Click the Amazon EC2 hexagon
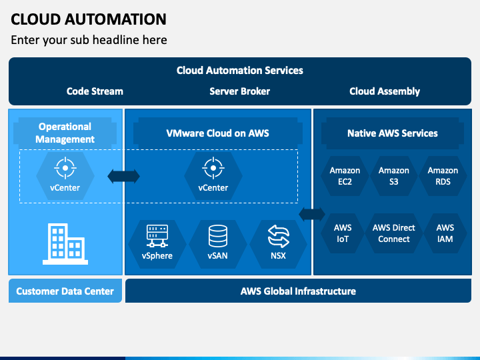click(345, 176)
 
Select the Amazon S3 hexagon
click(394, 176)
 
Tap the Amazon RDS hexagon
click(443, 176)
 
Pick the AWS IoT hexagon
click(343, 233)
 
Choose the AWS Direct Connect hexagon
click(394, 233)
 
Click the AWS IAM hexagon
click(445, 233)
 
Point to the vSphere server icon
click(157, 236)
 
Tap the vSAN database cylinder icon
click(217, 236)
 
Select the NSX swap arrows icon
click(278, 236)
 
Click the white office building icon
click(65, 244)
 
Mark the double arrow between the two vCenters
click(124, 176)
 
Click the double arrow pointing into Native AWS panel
click(312, 214)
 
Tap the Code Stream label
click(95, 91)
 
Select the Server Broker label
click(240, 91)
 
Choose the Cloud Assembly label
click(385, 91)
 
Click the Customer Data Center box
click(65, 291)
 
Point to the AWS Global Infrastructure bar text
click(298, 291)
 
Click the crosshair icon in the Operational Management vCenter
click(65, 168)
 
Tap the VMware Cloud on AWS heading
click(217, 133)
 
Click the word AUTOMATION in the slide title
click(116, 19)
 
